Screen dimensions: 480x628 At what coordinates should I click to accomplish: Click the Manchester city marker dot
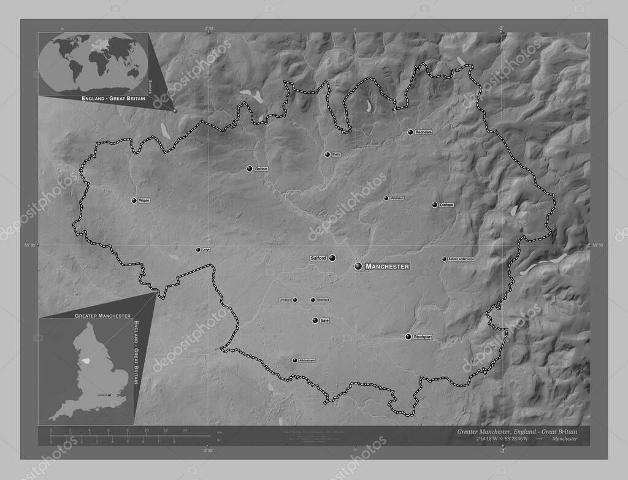pyautogui.click(x=359, y=266)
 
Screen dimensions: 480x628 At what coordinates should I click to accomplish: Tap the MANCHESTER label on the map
pyautogui.click(x=387, y=267)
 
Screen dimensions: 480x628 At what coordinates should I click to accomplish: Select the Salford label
pyautogui.click(x=318, y=259)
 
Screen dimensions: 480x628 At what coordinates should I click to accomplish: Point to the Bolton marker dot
pyautogui.click(x=250, y=169)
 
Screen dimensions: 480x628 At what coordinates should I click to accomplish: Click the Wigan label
pyautogui.click(x=144, y=200)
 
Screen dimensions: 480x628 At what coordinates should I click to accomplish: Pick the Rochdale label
pyautogui.click(x=424, y=132)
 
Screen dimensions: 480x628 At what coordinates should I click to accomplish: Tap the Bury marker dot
pyautogui.click(x=327, y=154)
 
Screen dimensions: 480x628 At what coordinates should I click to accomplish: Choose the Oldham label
pyautogui.click(x=446, y=205)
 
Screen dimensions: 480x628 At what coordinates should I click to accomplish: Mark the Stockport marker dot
pyautogui.click(x=408, y=337)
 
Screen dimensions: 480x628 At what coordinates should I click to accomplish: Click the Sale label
pyautogui.click(x=325, y=321)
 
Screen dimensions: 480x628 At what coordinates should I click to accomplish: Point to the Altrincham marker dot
pyautogui.click(x=295, y=360)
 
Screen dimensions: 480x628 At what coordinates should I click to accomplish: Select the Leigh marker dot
pyautogui.click(x=198, y=250)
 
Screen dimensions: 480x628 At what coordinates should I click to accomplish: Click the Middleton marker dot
pyautogui.click(x=386, y=198)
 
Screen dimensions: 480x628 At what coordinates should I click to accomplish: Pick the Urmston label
pyautogui.click(x=285, y=300)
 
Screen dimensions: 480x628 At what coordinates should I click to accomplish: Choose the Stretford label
pyautogui.click(x=323, y=300)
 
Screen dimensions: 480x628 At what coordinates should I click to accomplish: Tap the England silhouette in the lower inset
pyautogui.click(x=92, y=374)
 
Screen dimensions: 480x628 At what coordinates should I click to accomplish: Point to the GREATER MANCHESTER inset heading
pyautogui.click(x=102, y=315)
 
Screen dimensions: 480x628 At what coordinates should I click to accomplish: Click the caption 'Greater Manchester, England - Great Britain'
pyautogui.click(x=521, y=432)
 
